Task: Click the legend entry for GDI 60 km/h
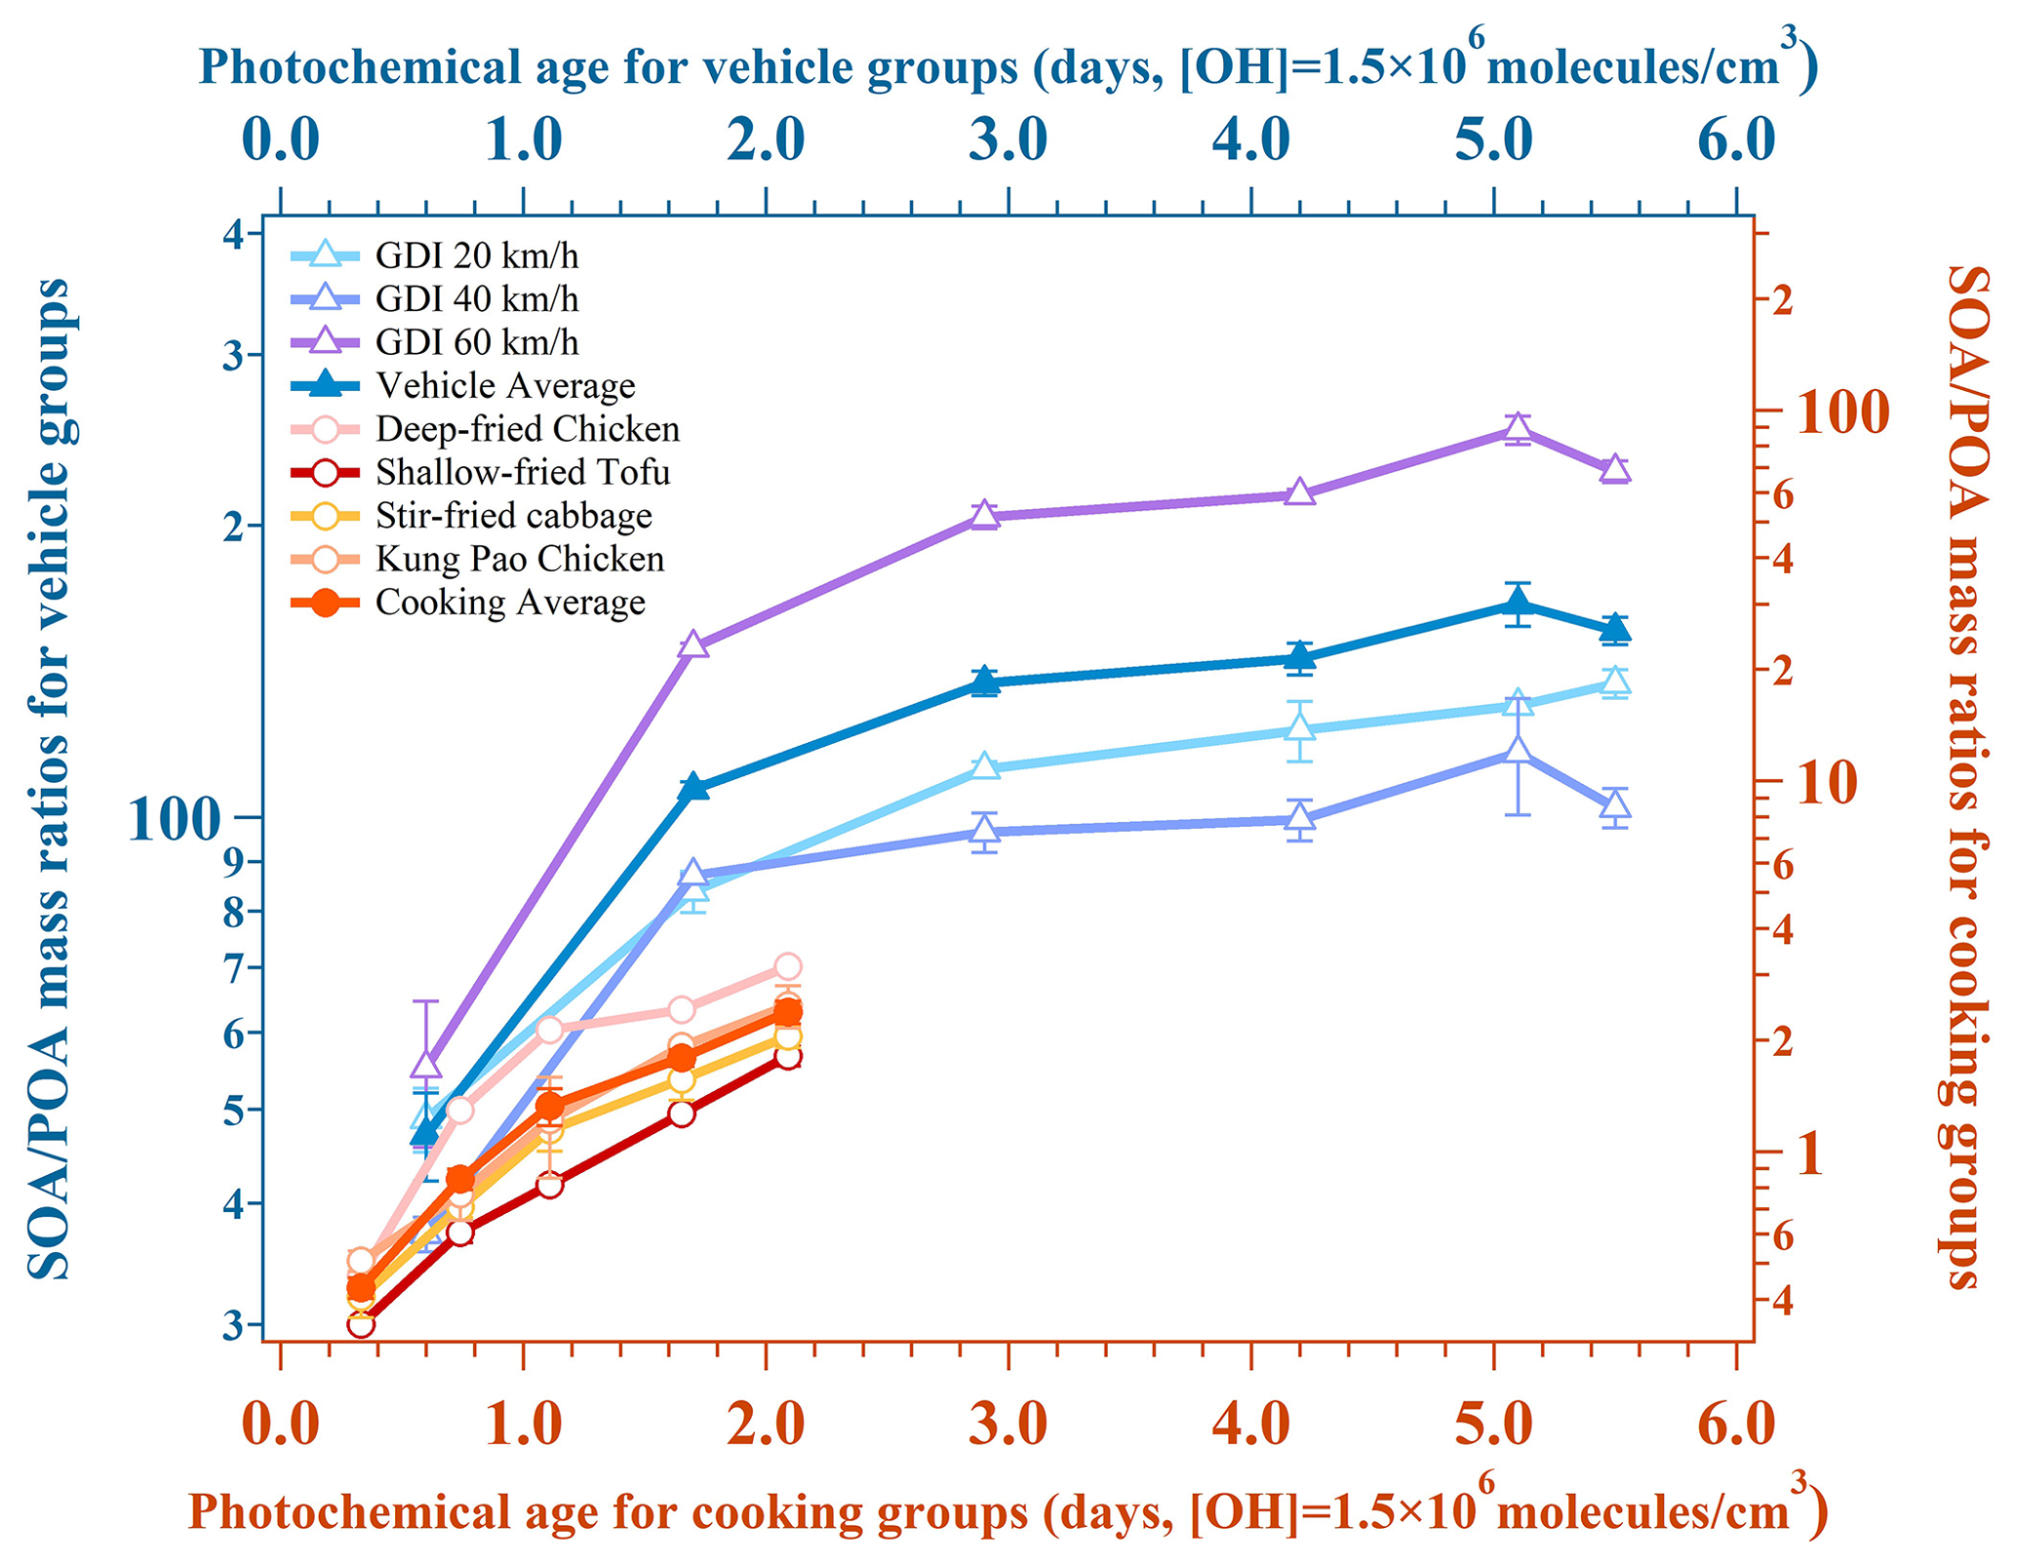click(476, 342)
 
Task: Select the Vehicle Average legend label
click(505, 386)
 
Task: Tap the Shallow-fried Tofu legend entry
click(523, 473)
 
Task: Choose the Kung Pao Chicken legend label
click(520, 560)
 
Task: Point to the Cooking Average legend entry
click(510, 603)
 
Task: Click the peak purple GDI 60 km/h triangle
click(1517, 427)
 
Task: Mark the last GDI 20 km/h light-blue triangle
click(1616, 681)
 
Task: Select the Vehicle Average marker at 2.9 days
click(985, 681)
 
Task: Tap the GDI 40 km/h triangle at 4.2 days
click(1299, 817)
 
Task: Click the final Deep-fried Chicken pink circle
click(788, 966)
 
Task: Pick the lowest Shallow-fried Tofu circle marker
click(360, 1324)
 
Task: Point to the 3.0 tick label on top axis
click(1008, 139)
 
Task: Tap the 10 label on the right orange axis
click(1827, 783)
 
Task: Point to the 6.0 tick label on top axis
click(1735, 139)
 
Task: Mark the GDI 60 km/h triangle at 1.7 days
click(693, 645)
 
